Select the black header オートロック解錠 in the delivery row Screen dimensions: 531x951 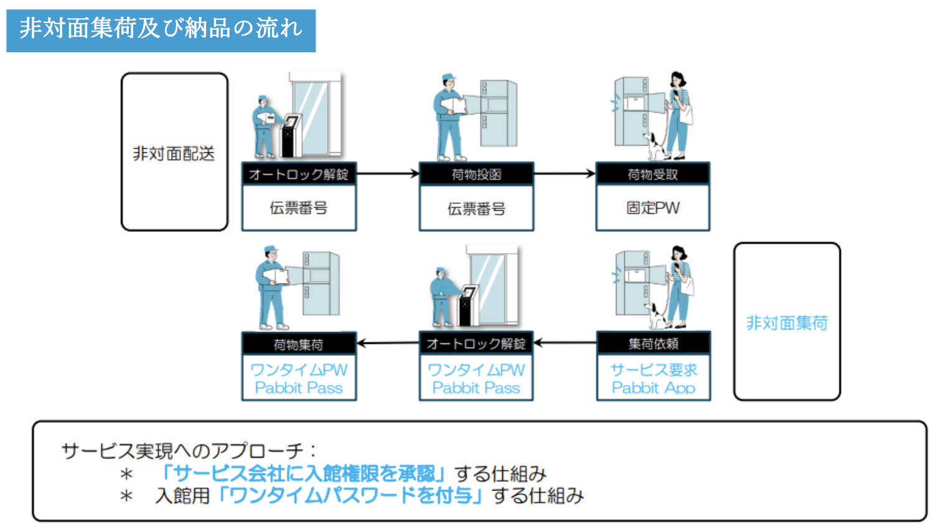pos(299,174)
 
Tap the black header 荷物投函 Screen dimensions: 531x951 pos(476,174)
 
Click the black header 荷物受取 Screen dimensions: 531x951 pos(652,174)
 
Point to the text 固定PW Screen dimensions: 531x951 pos(652,208)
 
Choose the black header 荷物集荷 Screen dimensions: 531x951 pos(299,344)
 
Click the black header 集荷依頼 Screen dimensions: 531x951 pos(653,343)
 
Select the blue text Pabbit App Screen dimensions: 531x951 pos(653,388)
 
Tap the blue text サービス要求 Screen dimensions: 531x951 pos(653,370)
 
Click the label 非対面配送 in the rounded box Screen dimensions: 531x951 pos(174,154)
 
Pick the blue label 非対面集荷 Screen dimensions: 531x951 pos(787,323)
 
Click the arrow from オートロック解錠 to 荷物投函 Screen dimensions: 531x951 pos(387,173)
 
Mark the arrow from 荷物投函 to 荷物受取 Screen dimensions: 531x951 pos(564,173)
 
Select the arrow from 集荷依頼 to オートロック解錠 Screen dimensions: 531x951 pos(565,343)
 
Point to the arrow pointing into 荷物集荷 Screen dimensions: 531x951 pos(387,343)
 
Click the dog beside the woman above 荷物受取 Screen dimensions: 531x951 pos(654,145)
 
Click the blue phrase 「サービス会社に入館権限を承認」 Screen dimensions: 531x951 pos(302,474)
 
